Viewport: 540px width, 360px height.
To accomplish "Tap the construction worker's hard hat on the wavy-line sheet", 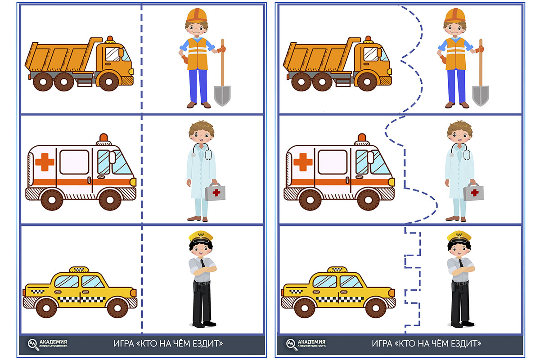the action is [454, 15].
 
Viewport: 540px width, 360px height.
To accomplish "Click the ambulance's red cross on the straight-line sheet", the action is [45, 162].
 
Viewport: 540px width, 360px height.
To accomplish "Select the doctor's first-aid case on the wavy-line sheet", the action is [473, 192].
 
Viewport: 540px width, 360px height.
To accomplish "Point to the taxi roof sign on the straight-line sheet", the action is [79, 270].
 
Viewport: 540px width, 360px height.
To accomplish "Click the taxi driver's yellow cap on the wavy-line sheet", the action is [459, 236].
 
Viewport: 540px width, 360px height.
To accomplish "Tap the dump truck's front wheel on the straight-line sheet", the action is [109, 81].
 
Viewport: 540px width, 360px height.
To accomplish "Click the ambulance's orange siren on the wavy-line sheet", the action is [362, 137].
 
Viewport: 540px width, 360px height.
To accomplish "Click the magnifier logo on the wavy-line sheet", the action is [292, 344].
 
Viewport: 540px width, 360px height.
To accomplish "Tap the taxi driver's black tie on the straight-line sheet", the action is [203, 263].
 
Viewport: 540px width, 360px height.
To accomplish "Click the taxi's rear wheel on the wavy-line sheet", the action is [305, 308].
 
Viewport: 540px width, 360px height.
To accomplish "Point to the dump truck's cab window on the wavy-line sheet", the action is [371, 54].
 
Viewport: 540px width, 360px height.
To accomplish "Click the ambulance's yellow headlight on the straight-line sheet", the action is [133, 182].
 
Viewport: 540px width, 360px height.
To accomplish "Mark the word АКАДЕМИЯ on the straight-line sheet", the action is [53, 342].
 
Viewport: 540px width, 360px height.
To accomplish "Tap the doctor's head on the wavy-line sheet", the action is [459, 132].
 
